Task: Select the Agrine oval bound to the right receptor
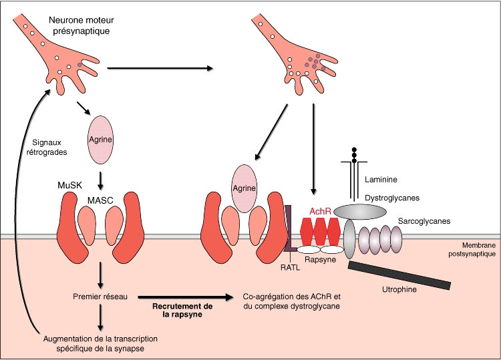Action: (x=244, y=188)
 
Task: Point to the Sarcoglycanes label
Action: (x=428, y=220)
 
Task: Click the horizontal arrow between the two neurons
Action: (x=160, y=68)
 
